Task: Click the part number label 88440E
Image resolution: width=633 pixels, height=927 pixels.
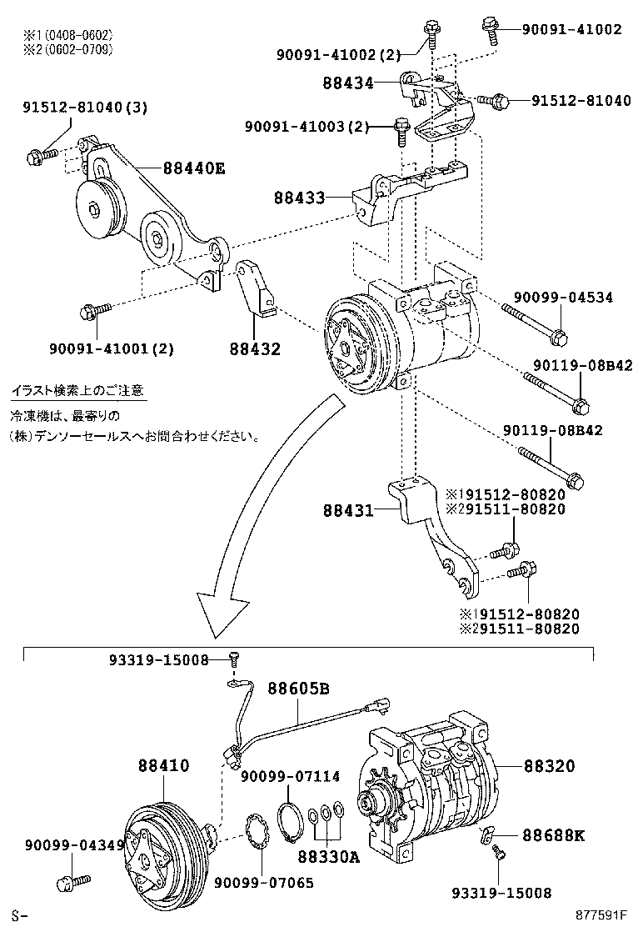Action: pyautogui.click(x=194, y=168)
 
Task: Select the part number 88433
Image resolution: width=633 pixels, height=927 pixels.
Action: pyautogui.click(x=299, y=199)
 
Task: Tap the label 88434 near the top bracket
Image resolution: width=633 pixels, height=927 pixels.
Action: pyautogui.click(x=349, y=83)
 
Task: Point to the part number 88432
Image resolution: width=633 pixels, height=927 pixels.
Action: pyautogui.click(x=255, y=348)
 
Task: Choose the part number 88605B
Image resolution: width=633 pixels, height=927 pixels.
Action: pyautogui.click(x=298, y=688)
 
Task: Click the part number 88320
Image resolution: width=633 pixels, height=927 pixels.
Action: pyautogui.click(x=549, y=765)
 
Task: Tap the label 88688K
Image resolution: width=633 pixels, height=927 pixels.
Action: pyautogui.click(x=554, y=834)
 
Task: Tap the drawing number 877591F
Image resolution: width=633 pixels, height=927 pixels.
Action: pyautogui.click(x=601, y=915)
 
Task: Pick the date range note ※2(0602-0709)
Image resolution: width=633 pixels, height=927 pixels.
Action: pyautogui.click(x=68, y=49)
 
